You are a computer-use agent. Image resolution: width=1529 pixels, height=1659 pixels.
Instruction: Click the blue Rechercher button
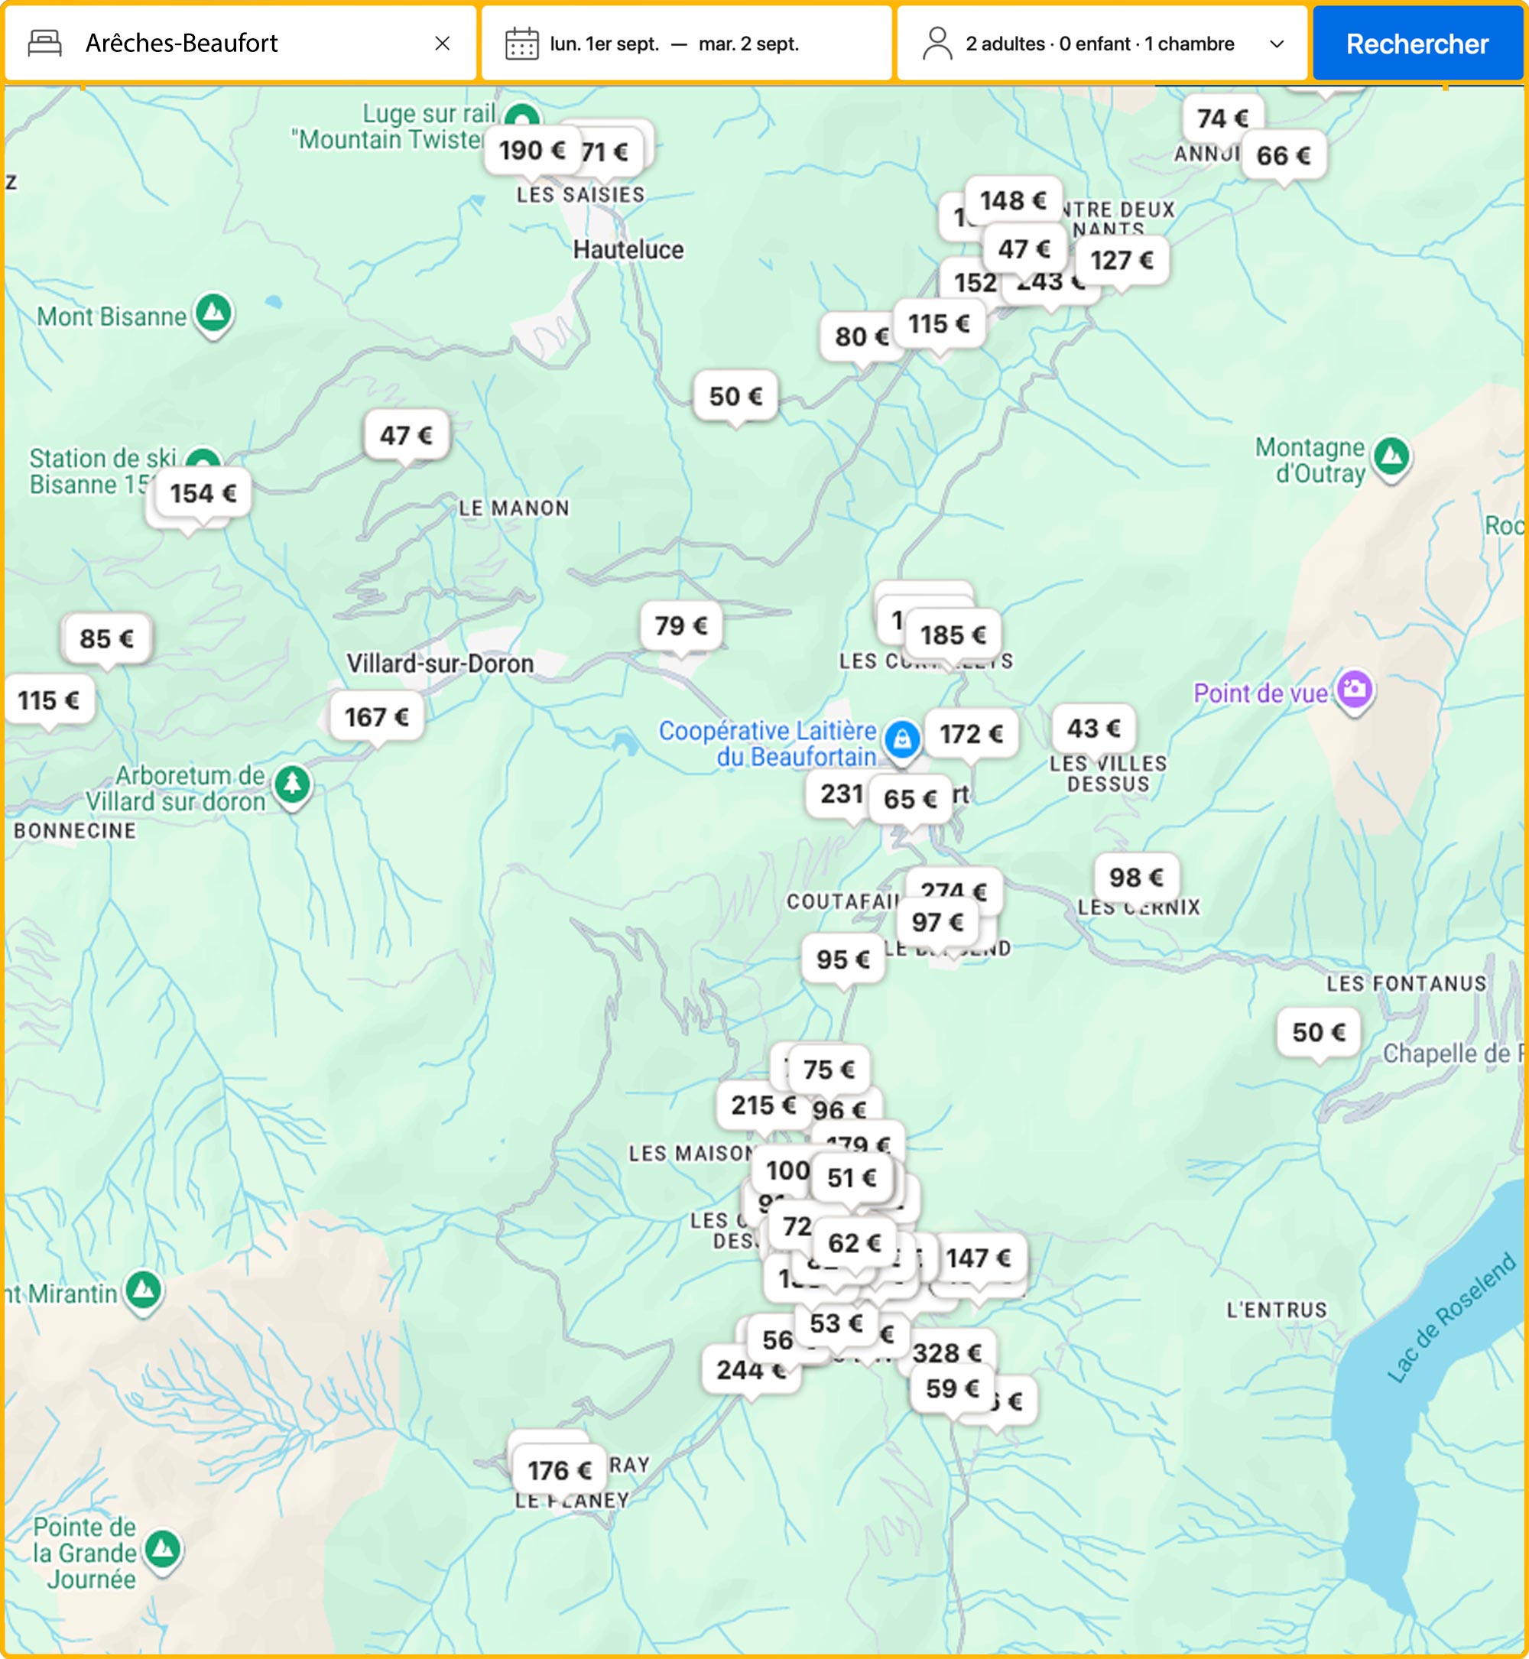(x=1417, y=44)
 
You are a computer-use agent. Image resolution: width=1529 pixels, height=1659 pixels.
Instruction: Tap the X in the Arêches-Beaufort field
(x=443, y=44)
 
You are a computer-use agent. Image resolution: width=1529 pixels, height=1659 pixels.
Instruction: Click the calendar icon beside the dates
(x=522, y=44)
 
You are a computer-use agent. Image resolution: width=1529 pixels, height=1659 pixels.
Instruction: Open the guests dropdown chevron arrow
(x=1277, y=44)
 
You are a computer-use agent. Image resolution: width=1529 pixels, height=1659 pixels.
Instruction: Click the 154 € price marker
(x=203, y=494)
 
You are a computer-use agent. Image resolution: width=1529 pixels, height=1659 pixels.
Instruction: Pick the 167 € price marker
(x=376, y=716)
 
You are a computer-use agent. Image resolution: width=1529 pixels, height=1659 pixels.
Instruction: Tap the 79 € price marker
(x=680, y=625)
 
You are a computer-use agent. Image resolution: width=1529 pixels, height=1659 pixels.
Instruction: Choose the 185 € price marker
(x=954, y=635)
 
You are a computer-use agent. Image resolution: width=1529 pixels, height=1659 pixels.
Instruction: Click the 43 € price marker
(x=1093, y=728)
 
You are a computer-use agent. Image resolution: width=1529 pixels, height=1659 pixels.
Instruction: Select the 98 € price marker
(x=1136, y=877)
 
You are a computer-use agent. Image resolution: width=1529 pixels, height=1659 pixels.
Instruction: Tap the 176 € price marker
(x=560, y=1470)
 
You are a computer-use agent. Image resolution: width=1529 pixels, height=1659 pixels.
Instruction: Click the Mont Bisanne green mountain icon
(x=214, y=313)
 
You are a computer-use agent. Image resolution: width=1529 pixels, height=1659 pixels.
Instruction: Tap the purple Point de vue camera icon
(x=1355, y=688)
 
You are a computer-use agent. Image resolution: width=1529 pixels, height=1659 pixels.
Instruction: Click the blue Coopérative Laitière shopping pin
(x=902, y=737)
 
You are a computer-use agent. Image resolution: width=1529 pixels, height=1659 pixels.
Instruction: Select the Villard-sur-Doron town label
(x=440, y=664)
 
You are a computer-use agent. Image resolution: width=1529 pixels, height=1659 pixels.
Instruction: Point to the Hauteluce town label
(x=628, y=250)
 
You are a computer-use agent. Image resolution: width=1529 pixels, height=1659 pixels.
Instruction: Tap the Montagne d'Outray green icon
(x=1391, y=455)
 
